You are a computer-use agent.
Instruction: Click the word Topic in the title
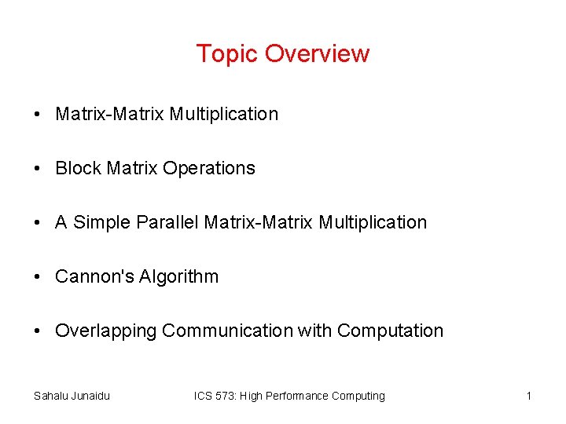pos(227,54)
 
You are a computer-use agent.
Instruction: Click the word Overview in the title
pos(317,54)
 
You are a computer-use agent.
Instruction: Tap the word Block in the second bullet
pos(78,168)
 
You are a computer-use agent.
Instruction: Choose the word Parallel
pos(167,222)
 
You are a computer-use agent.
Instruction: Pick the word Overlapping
pos(106,331)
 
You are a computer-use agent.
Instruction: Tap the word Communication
pos(227,331)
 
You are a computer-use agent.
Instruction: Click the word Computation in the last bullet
pos(390,331)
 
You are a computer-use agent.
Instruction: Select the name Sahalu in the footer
pos(51,396)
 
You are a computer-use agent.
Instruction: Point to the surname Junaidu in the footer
pos(91,396)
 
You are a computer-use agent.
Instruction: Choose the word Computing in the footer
pos(359,396)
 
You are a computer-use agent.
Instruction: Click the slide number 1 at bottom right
pos(529,396)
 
